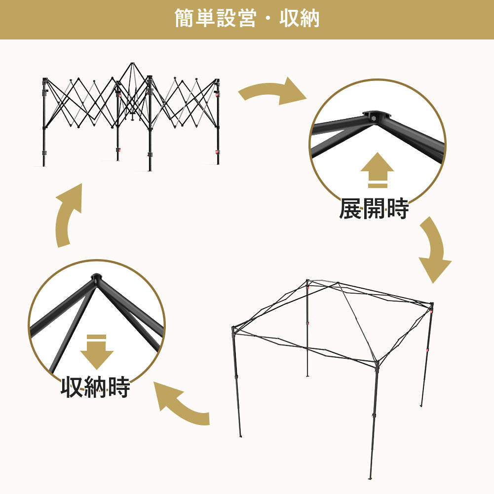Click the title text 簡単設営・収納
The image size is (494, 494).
(x=247, y=18)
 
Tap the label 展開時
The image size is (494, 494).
(x=374, y=208)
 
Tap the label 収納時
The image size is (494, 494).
(x=95, y=387)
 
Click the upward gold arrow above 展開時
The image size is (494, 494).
(x=377, y=170)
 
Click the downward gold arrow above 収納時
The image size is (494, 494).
(x=97, y=352)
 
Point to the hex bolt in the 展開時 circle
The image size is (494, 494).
(x=373, y=118)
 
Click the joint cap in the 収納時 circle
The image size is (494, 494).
(x=96, y=278)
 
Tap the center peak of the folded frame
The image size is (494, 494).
(x=132, y=64)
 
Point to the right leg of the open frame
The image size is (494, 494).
(x=427, y=355)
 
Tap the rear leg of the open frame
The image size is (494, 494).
(x=307, y=328)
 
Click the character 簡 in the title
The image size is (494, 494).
(x=184, y=18)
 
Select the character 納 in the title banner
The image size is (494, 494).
(x=310, y=18)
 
